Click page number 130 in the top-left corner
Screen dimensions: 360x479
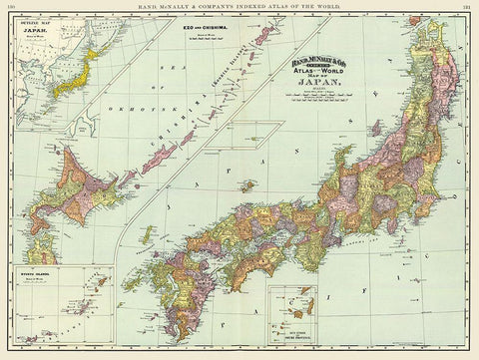click(8, 5)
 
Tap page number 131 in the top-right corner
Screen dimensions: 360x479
click(469, 5)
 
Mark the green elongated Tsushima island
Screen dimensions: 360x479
click(148, 235)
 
